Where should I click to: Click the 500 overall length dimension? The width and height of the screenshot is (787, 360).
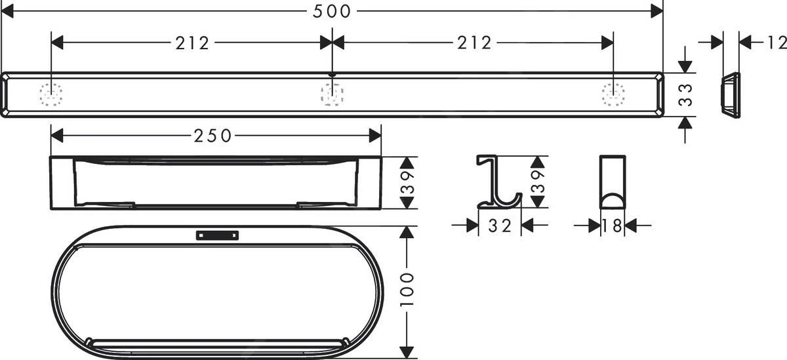(332, 11)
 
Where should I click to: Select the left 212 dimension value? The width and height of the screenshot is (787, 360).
(192, 43)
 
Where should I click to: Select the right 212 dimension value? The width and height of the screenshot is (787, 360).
(474, 43)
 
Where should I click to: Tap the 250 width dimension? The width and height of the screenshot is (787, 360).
(212, 136)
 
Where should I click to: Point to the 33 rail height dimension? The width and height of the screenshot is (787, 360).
(685, 94)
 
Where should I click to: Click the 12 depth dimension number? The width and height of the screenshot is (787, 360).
(775, 43)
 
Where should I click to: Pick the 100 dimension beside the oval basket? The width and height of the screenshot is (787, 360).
(409, 290)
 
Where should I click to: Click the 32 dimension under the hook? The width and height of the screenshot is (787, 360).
(500, 226)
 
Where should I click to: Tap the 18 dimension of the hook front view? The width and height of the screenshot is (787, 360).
(613, 226)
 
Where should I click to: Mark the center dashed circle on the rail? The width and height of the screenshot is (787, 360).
(332, 95)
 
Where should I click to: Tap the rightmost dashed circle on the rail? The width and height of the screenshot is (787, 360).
(613, 95)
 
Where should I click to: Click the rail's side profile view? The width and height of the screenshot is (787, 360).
(730, 94)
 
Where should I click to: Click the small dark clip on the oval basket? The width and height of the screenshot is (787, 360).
(217, 235)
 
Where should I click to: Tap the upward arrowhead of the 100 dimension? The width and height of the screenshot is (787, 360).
(409, 233)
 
